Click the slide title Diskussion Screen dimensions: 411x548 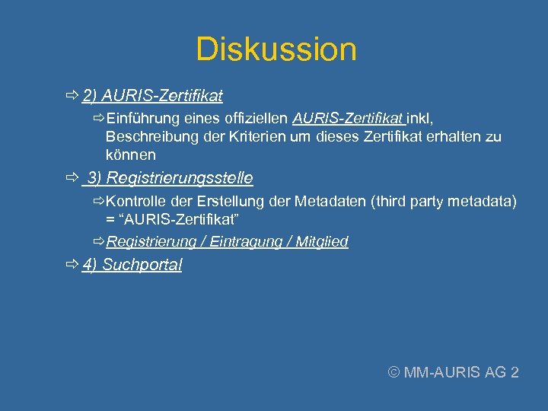tap(276, 49)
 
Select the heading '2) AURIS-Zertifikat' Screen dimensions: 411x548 tap(152, 96)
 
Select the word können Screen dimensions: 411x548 tap(130, 155)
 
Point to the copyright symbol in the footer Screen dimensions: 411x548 tap(393, 373)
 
